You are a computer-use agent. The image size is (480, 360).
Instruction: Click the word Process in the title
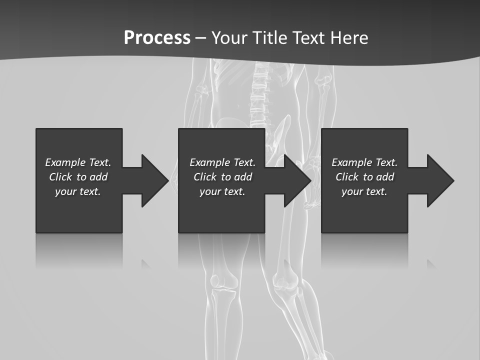point(157,38)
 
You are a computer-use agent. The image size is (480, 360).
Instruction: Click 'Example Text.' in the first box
point(78,162)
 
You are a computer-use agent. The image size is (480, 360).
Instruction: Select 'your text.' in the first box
point(78,191)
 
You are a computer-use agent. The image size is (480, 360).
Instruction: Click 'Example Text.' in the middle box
point(222,162)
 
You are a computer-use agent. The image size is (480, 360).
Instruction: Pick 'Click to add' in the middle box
point(222,177)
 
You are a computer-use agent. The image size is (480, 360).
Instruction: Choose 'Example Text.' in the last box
point(364,162)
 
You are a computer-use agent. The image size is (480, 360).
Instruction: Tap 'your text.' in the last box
point(364,191)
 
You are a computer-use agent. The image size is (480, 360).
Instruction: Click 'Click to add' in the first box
point(78,177)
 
